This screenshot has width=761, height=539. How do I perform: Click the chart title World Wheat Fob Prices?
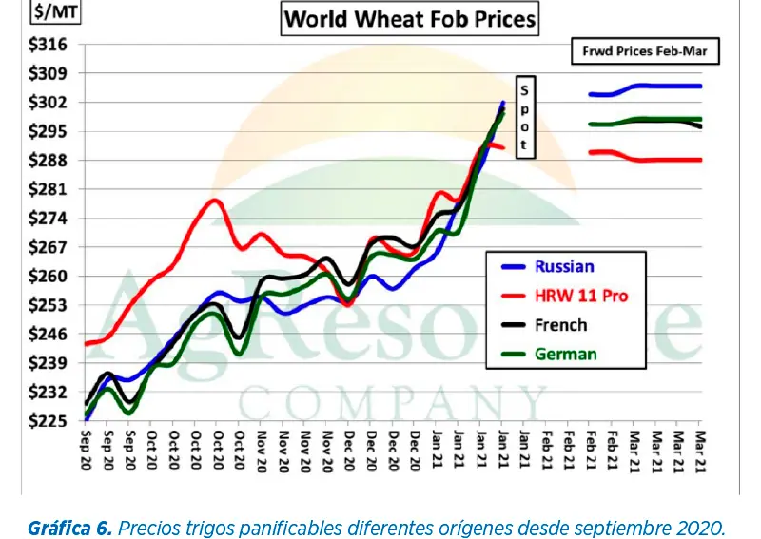[x=409, y=18]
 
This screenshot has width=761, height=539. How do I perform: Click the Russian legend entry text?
[x=564, y=267]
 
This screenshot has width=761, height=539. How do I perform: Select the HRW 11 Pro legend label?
[x=581, y=296]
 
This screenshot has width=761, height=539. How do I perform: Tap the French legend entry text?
[x=561, y=325]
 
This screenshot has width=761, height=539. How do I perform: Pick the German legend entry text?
[x=565, y=354]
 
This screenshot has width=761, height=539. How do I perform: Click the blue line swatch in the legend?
[x=511, y=267]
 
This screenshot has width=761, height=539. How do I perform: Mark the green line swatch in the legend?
[x=511, y=354]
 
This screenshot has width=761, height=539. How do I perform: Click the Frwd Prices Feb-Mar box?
[x=644, y=51]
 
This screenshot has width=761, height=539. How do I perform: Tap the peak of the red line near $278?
[x=214, y=201]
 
